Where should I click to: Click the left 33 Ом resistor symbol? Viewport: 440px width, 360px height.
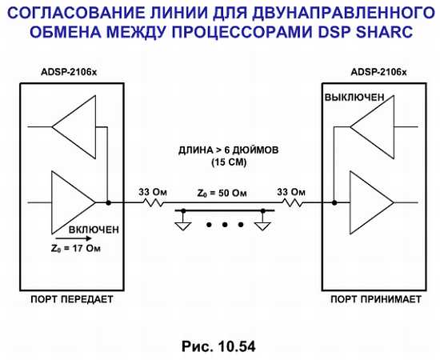pyautogui.click(x=154, y=202)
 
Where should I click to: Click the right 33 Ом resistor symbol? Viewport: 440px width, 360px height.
pyautogui.click(x=293, y=202)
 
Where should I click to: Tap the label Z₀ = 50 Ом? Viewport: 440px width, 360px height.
pyautogui.click(x=222, y=194)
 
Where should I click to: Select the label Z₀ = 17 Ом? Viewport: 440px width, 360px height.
pyautogui.click(x=76, y=249)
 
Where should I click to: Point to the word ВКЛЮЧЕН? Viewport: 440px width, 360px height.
pyautogui.click(x=94, y=230)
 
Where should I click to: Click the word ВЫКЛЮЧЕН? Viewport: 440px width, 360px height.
pyautogui.click(x=354, y=98)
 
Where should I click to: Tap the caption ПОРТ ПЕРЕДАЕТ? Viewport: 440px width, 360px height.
pyautogui.click(x=72, y=299)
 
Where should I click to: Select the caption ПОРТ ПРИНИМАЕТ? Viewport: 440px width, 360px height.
pyautogui.click(x=376, y=299)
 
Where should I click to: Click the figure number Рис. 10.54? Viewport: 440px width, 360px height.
pyautogui.click(x=218, y=346)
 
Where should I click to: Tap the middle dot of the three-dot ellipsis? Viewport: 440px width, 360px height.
pyautogui.click(x=225, y=225)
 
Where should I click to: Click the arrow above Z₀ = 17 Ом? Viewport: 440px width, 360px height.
pyautogui.click(x=81, y=238)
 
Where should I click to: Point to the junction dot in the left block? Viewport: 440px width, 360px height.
pyautogui.click(x=108, y=202)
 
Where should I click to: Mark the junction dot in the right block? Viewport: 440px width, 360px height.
pyautogui.click(x=334, y=202)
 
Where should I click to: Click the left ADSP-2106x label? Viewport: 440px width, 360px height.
pyautogui.click(x=69, y=72)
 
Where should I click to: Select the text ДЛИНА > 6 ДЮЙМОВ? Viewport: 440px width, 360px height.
pyautogui.click(x=229, y=150)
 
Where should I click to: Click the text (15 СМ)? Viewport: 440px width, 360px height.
pyautogui.click(x=229, y=162)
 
